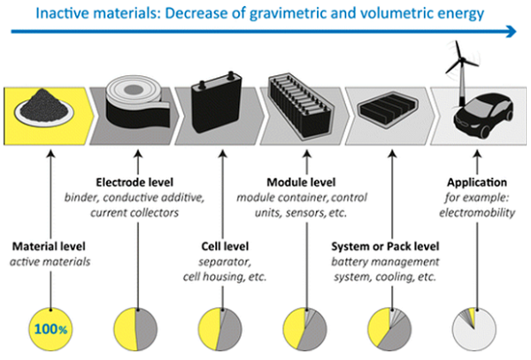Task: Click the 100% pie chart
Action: tap(50, 329)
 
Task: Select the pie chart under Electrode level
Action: tap(135, 329)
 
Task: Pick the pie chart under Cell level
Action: tap(220, 329)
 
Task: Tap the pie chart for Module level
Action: tap(304, 329)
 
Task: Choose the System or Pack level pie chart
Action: tap(389, 329)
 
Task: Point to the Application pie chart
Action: tap(474, 329)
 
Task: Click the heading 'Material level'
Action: tap(49, 246)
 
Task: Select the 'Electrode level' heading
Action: tap(135, 182)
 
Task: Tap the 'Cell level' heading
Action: tap(225, 246)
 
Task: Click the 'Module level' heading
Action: tap(301, 182)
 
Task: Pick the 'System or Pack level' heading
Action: tap(385, 246)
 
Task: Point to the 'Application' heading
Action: tap(477, 183)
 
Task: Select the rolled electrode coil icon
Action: tap(137, 103)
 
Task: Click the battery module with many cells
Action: tap(301, 106)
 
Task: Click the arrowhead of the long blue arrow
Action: tap(512, 32)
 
